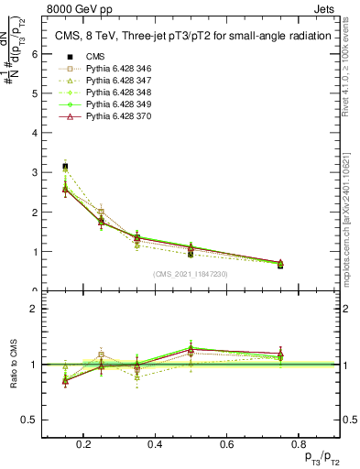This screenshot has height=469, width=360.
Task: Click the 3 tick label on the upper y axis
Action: [x=33, y=172]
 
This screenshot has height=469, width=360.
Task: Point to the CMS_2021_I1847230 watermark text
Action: [x=190, y=274]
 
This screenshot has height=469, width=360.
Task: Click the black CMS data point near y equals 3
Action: [x=64, y=167]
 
